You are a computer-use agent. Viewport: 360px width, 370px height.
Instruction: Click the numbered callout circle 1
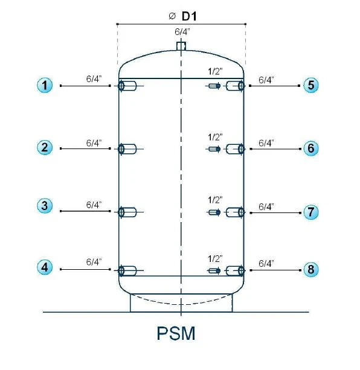tap(45, 85)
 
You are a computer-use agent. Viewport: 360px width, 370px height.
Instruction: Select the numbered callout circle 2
tap(45, 147)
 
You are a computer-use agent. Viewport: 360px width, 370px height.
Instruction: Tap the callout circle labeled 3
tap(45, 206)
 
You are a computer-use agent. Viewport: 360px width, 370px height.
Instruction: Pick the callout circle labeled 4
tap(45, 267)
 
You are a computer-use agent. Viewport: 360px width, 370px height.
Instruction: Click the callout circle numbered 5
tap(311, 85)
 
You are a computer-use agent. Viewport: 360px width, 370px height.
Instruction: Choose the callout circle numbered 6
tap(311, 148)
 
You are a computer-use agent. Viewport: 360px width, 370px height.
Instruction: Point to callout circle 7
tap(311, 212)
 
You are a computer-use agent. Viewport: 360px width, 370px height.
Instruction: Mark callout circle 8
tap(311, 269)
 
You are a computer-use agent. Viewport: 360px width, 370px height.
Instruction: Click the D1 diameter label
tap(189, 16)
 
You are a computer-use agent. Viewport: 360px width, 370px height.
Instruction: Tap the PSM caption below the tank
tap(176, 333)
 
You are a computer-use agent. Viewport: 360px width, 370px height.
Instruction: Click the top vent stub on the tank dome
tap(181, 46)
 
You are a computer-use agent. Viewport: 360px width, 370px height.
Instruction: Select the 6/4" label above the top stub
tap(182, 32)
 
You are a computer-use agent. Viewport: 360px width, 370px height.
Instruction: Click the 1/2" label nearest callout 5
tap(215, 71)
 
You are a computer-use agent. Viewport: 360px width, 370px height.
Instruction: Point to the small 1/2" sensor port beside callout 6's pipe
tap(214, 149)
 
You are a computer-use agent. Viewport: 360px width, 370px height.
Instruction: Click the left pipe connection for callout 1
tap(127, 86)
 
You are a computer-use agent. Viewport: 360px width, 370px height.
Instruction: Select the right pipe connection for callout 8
tap(235, 270)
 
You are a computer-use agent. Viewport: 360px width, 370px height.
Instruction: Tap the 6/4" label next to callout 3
tap(94, 205)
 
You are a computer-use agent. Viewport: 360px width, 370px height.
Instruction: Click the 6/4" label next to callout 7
tap(266, 206)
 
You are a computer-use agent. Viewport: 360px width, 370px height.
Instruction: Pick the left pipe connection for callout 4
tap(127, 270)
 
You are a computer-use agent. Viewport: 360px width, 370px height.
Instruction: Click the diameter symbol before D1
tap(172, 16)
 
